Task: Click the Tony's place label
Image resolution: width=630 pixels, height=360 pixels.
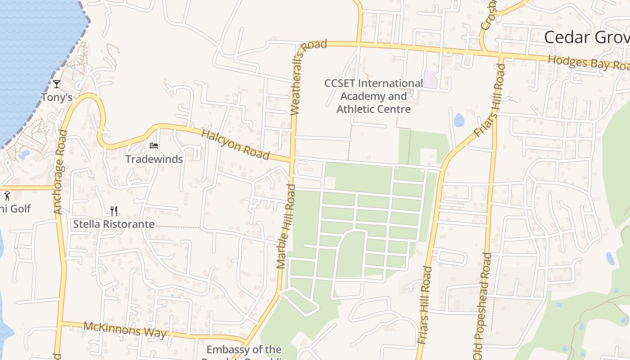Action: [x=57, y=97]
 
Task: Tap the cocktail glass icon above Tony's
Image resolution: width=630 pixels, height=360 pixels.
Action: [x=57, y=84]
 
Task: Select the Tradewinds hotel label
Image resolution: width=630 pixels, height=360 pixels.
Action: [x=154, y=159]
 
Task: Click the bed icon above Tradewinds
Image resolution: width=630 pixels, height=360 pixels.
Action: [x=154, y=146]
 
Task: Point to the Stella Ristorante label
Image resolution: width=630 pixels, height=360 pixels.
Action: [x=114, y=224]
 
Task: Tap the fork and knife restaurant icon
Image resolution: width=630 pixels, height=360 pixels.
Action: [x=114, y=211]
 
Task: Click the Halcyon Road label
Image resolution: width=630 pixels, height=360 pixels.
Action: [x=235, y=144]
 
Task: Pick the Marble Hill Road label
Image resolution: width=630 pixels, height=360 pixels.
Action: [x=286, y=226]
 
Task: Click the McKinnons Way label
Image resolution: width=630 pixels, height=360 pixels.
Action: [x=125, y=330]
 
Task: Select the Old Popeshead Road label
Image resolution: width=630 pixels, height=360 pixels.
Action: [x=482, y=306]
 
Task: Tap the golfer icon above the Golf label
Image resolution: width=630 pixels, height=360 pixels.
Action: [x=7, y=196]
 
